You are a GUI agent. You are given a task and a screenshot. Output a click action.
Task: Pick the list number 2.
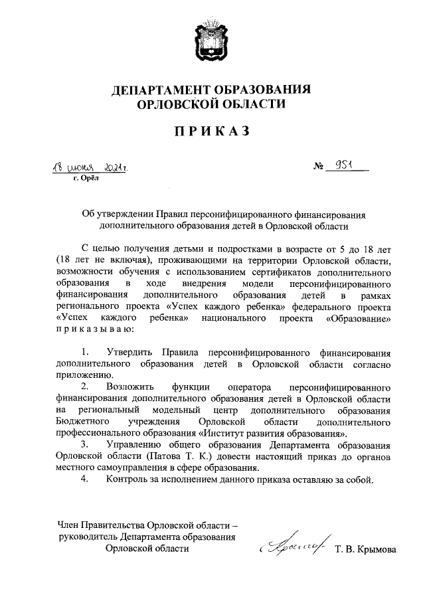pyautogui.click(x=84, y=386)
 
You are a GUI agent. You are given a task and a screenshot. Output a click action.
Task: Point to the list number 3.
pyautogui.click(x=84, y=444)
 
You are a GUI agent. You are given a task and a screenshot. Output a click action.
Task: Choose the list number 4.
pyautogui.click(x=84, y=480)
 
